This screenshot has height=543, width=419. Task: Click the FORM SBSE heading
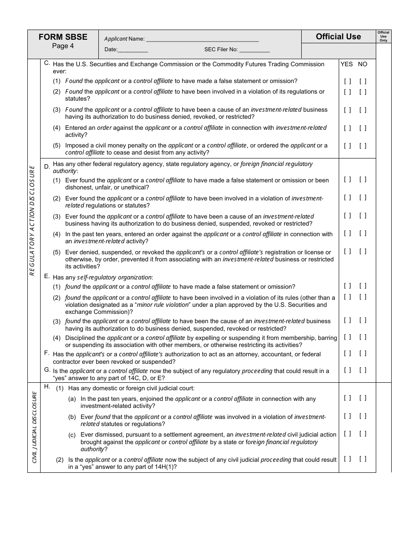(x=63, y=37)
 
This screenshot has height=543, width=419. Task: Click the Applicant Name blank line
(x=202, y=39)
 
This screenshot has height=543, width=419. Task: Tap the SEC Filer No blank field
(x=254, y=50)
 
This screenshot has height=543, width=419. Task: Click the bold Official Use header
(x=338, y=37)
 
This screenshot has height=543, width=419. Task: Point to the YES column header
(x=347, y=64)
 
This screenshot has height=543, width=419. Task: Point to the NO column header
(x=363, y=64)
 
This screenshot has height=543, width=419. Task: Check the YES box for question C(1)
(x=348, y=81)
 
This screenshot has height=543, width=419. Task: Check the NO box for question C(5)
(x=363, y=146)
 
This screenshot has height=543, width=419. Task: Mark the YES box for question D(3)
(x=348, y=216)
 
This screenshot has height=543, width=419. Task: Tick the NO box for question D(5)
(x=363, y=252)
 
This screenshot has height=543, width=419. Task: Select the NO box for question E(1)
(x=363, y=286)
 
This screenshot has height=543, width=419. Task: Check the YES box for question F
(x=348, y=353)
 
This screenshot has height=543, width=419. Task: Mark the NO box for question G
(x=363, y=370)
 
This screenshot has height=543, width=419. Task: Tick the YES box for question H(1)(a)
(x=348, y=398)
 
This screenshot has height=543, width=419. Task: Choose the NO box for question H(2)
(x=363, y=459)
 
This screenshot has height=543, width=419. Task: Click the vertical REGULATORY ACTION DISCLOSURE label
(x=32, y=220)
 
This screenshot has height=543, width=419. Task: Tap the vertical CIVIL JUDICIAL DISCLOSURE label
(x=34, y=427)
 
